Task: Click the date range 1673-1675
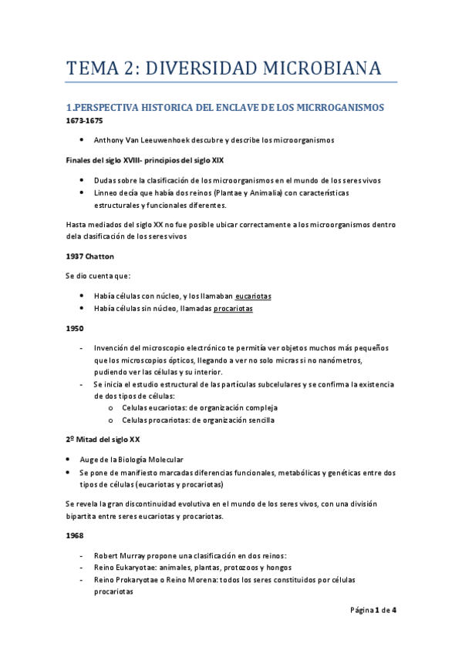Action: click(x=83, y=121)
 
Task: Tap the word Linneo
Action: click(x=107, y=193)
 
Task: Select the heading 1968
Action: click(x=74, y=535)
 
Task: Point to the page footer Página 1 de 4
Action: click(x=373, y=610)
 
